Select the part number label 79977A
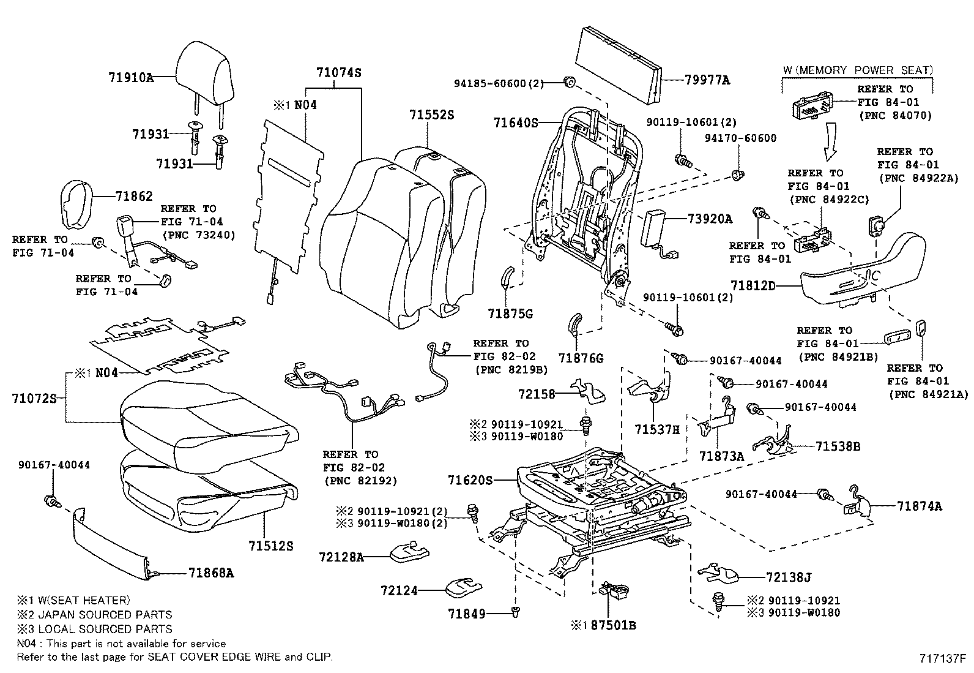[707, 80]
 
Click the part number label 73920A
[709, 219]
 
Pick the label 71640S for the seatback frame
[515, 123]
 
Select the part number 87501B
[612, 625]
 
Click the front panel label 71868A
[211, 573]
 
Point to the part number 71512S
[270, 545]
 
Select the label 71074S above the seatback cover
[339, 73]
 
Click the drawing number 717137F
[942, 659]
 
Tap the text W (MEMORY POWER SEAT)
[857, 70]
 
